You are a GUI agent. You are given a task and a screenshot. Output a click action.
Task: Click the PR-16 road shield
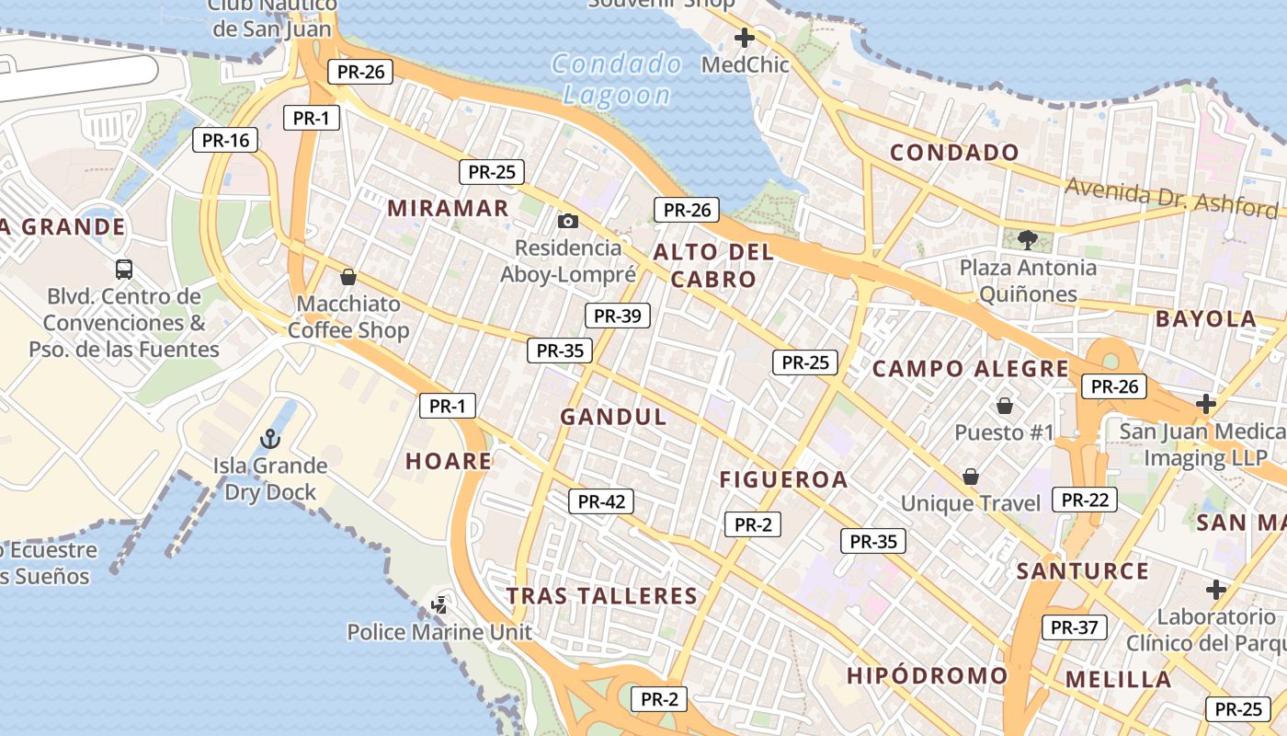click(x=225, y=140)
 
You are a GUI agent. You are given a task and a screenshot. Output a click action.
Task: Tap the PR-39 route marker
click(x=618, y=316)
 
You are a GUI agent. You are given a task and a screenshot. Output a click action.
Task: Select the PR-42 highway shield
click(x=601, y=501)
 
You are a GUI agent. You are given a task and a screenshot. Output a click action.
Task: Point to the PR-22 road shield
click(x=1085, y=500)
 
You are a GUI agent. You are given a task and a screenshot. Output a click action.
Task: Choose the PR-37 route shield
click(x=1075, y=627)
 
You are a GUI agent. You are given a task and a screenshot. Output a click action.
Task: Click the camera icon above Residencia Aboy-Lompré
click(x=568, y=221)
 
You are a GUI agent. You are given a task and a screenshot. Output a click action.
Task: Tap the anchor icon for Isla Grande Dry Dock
click(x=270, y=438)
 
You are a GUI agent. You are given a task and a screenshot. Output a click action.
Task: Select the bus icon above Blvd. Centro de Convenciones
click(x=124, y=270)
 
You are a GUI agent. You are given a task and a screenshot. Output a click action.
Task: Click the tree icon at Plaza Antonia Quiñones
click(x=1028, y=240)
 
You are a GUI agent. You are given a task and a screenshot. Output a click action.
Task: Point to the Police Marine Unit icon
click(x=439, y=604)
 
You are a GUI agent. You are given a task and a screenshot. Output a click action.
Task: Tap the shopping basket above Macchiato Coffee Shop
click(x=348, y=276)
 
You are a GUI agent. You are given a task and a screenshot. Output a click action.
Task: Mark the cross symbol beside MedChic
click(x=745, y=38)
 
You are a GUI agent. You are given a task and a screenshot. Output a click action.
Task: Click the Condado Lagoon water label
click(x=617, y=79)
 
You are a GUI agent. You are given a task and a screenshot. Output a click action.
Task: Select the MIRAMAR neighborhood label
click(x=448, y=208)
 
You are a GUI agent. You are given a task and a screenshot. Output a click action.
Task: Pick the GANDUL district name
click(x=614, y=417)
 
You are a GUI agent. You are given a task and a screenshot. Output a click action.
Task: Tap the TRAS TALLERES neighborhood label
click(x=602, y=596)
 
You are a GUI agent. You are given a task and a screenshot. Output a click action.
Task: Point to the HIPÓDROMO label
click(x=927, y=675)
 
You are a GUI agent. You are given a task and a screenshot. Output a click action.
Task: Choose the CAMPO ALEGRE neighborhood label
click(x=970, y=369)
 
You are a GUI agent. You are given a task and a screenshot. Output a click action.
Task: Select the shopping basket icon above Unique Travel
click(x=970, y=476)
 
